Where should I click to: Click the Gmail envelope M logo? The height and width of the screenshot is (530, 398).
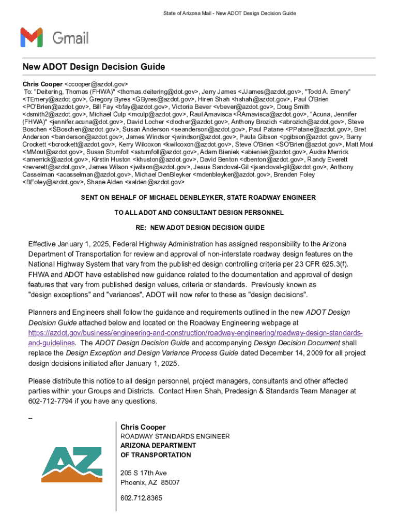[31, 38]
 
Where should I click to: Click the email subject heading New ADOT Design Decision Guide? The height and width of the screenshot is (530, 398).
[94, 67]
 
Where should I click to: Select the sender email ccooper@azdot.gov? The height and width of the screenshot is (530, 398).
[96, 84]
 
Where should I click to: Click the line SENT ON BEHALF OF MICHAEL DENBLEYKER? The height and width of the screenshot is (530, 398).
[198, 198]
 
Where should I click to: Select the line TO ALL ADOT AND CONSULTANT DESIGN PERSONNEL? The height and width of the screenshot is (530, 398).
[199, 213]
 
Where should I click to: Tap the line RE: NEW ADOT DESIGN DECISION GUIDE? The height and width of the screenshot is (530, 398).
[200, 228]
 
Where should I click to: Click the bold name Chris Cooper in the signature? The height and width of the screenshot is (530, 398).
[143, 427]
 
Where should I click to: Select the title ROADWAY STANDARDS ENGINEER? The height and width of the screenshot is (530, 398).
[175, 436]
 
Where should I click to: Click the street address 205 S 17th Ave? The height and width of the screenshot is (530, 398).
[144, 473]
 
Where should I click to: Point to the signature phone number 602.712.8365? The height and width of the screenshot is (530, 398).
[141, 498]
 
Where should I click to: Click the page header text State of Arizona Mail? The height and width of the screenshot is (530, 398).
[181, 13]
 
